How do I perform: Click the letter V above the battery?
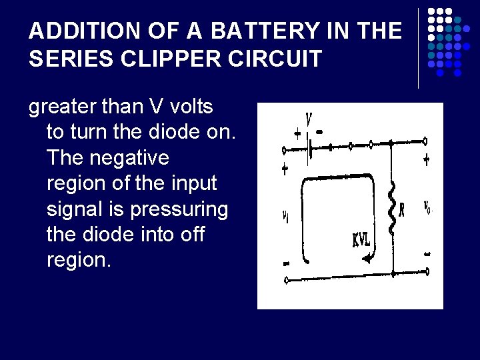pyautogui.click(x=309, y=120)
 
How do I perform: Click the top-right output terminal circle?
pyautogui.click(x=425, y=141)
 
